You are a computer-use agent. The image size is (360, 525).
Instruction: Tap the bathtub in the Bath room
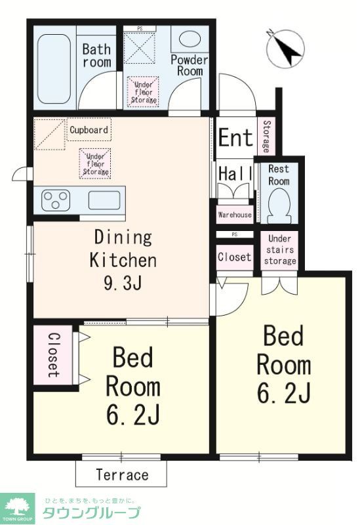tap(54, 69)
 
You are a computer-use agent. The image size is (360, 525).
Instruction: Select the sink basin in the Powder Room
tap(190, 39)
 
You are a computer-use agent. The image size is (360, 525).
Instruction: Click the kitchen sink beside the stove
tap(105, 200)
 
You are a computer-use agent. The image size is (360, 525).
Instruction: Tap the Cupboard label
tap(89, 130)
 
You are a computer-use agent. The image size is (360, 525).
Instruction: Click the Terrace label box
tap(122, 474)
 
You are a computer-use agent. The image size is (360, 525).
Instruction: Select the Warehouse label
tap(234, 215)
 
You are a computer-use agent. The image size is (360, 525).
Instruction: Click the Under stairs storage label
tap(280, 249)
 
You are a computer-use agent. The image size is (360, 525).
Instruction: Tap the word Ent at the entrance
tap(235, 138)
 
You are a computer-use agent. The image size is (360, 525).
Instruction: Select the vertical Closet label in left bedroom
tap(53, 354)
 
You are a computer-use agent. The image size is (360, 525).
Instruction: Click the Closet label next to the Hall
tap(234, 257)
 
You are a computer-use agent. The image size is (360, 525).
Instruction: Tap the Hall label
tap(235, 175)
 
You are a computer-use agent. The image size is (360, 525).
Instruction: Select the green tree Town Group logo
tap(17, 506)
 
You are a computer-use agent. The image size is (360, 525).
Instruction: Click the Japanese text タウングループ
tap(91, 513)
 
